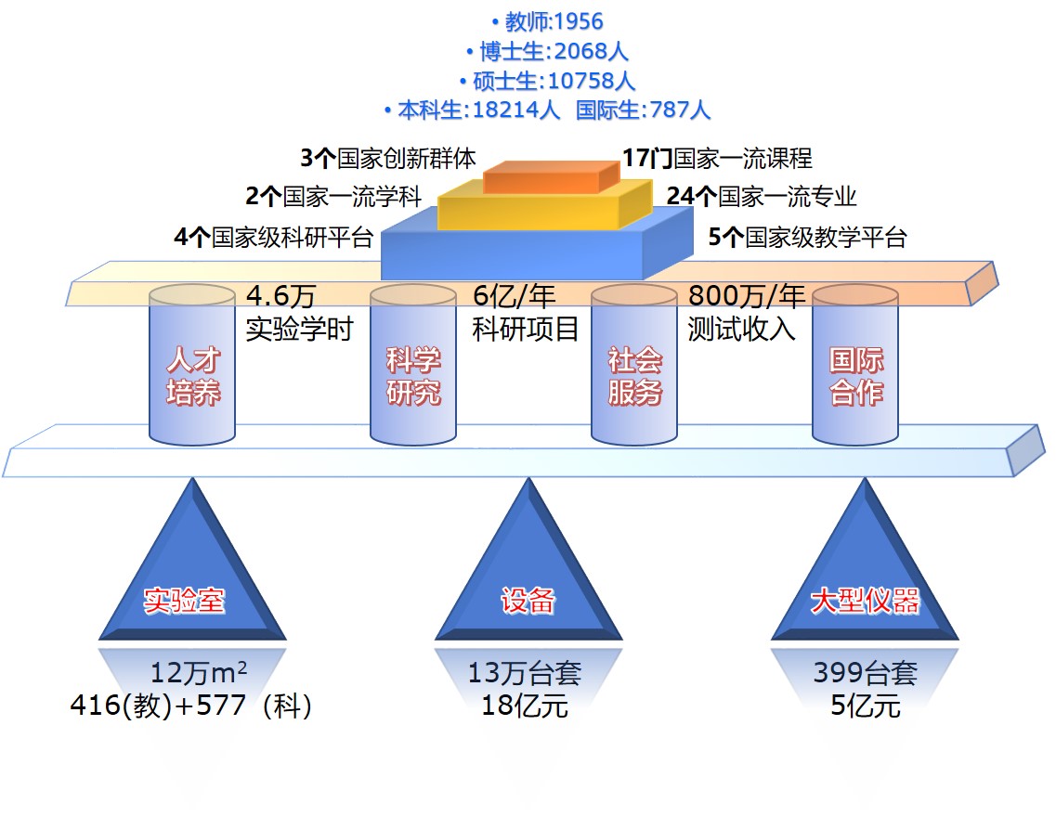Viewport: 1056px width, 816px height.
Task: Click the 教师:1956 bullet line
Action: coord(547,21)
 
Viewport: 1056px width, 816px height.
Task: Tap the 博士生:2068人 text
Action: coord(547,50)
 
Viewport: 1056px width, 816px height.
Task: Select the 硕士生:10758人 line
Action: coord(547,80)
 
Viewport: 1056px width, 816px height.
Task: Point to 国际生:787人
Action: coord(643,110)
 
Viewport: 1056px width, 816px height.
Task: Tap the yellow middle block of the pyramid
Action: coord(544,209)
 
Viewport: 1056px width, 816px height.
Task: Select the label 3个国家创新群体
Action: coord(388,158)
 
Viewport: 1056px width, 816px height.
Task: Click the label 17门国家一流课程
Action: coord(717,158)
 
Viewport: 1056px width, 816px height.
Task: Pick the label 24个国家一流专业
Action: coord(761,196)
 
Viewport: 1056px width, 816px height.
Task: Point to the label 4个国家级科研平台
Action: coord(273,238)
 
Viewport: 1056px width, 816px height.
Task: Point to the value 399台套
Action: coord(865,673)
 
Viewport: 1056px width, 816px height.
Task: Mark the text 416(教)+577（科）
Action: coord(191,706)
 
